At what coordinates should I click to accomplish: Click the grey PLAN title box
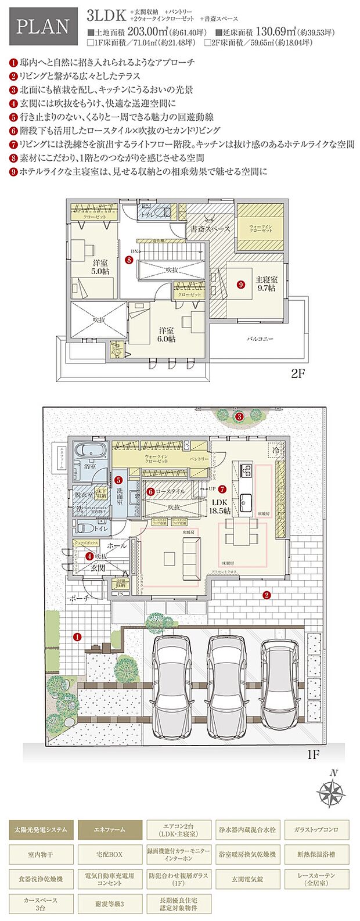[x=43, y=27]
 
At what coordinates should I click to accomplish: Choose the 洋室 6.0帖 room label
[x=167, y=334]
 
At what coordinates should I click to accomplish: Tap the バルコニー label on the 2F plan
[x=260, y=338]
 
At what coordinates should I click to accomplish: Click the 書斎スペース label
[x=210, y=229]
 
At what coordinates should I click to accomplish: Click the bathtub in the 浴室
[x=91, y=451]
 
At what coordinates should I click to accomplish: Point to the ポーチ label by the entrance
[x=80, y=598]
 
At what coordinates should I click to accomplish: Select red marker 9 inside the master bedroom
[x=241, y=285]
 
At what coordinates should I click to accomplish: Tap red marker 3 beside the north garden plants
[x=238, y=416]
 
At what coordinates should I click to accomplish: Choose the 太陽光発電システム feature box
[x=41, y=829]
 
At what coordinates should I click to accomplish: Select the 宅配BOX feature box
[x=110, y=855]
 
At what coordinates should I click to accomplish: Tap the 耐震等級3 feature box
[x=110, y=904]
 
